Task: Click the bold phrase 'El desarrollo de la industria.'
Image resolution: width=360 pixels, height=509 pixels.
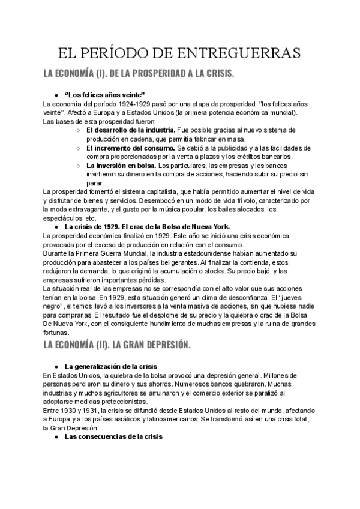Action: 131,130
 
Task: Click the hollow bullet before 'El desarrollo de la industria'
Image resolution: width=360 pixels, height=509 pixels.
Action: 80,130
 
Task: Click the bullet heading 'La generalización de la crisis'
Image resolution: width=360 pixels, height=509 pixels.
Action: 111,366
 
